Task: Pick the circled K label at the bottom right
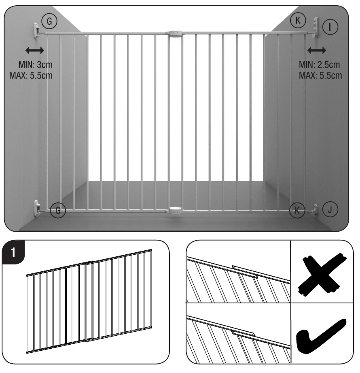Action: coord(297,210)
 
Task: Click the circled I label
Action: coord(331,27)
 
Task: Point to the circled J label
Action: coord(330,210)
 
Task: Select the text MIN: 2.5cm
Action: coord(320,65)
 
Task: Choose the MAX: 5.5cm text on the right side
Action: coord(320,75)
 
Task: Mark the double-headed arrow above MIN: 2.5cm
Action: coord(317,51)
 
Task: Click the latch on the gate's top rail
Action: coord(175,33)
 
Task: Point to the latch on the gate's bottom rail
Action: coord(175,210)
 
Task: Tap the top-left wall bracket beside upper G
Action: coord(37,30)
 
